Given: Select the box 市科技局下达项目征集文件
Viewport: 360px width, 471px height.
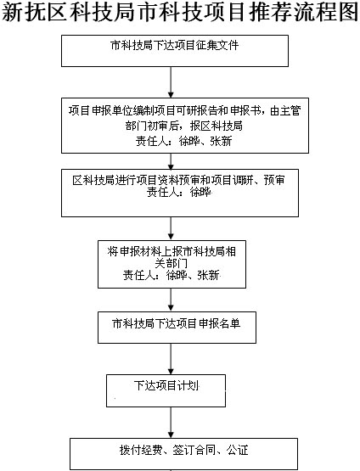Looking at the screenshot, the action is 175,51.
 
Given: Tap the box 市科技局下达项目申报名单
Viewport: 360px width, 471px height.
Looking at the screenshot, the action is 177,328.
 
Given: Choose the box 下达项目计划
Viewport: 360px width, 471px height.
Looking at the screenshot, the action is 166,390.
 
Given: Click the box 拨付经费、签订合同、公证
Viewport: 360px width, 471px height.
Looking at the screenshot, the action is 184,454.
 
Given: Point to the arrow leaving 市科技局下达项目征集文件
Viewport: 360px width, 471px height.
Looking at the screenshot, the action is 171,82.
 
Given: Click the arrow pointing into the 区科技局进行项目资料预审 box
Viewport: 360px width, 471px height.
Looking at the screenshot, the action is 171,161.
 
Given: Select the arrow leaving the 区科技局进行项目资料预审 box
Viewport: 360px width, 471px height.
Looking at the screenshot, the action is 171,228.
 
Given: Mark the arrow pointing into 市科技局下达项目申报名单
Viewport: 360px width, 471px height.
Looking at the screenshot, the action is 171,300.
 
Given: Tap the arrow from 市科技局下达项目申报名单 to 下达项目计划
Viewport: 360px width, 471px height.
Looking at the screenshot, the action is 171,359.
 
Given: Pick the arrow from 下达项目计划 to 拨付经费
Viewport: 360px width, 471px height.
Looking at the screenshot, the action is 171,423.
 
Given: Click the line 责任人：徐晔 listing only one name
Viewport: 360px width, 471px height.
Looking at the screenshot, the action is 179,193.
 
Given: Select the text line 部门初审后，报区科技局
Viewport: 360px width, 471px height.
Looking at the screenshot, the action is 184,126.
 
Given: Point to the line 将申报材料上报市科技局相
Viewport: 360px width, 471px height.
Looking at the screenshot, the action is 172,252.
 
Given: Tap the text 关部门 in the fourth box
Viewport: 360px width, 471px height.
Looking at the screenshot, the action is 171,263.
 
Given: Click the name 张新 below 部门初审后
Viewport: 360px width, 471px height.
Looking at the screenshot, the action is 221,141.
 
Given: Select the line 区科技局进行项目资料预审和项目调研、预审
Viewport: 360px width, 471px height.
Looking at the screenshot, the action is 178,180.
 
